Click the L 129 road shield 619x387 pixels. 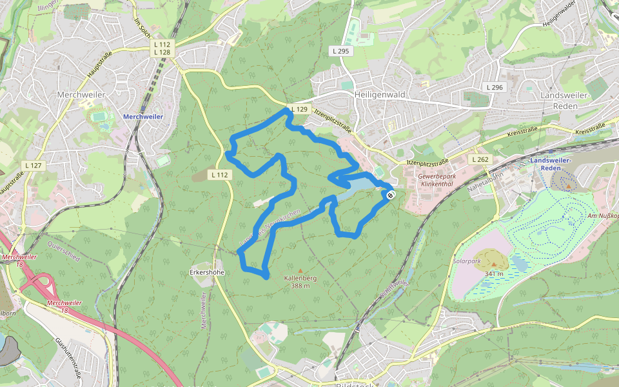(300, 110)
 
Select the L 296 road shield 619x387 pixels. (495, 87)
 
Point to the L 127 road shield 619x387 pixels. (35, 166)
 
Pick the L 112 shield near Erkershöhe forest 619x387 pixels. (220, 175)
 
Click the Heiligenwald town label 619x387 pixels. (380, 94)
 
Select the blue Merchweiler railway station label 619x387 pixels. (142, 117)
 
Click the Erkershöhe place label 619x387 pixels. (207, 272)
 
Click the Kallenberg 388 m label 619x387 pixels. (300, 282)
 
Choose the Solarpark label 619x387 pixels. (467, 262)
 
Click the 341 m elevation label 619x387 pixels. (495, 273)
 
